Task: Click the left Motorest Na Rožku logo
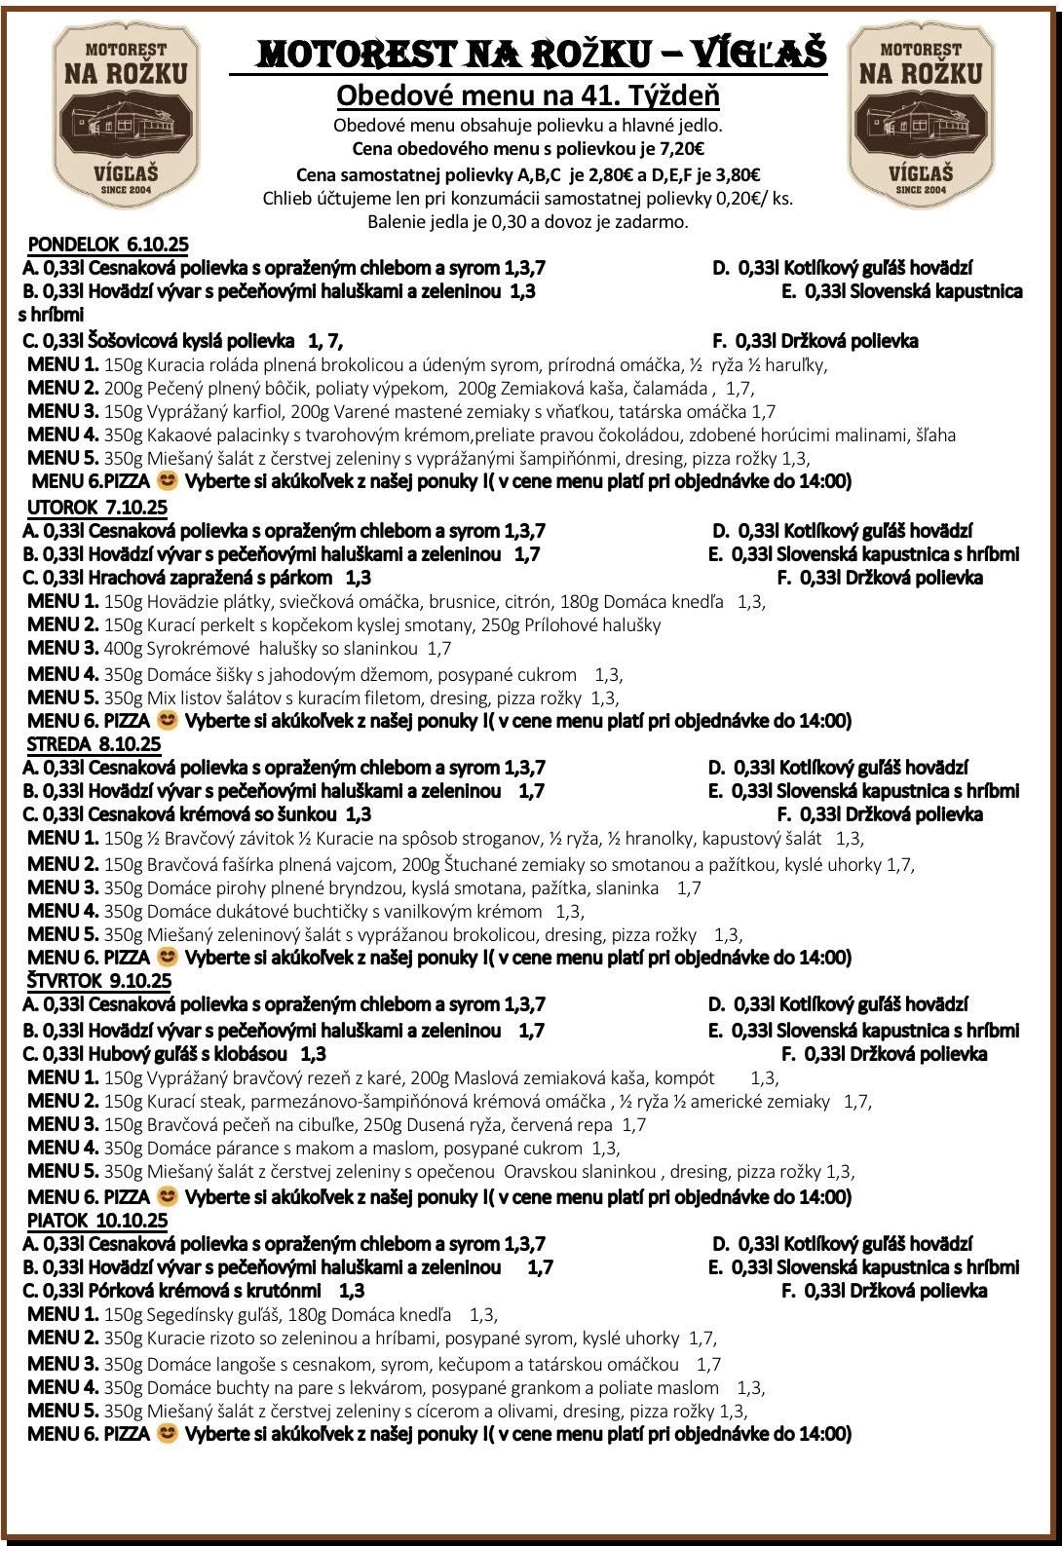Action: click(x=126, y=117)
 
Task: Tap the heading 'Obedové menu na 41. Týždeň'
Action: click(x=527, y=96)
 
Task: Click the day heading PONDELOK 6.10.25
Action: click(x=108, y=244)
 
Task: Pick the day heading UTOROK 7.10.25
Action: click(x=96, y=508)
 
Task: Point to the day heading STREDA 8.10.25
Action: click(x=94, y=744)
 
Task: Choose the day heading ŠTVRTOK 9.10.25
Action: click(x=98, y=981)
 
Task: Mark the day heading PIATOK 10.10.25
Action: click(x=97, y=1221)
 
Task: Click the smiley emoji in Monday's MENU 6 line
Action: click(x=168, y=480)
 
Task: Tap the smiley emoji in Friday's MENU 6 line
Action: click(x=168, y=1434)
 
